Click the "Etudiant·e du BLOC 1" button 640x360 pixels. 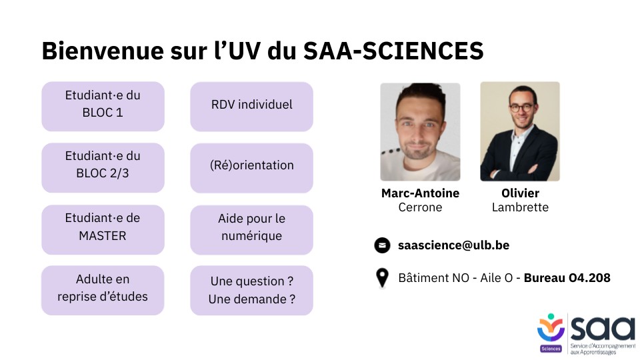click(103, 106)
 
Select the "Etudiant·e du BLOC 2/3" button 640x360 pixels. click(103, 167)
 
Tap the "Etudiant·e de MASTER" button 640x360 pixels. click(103, 229)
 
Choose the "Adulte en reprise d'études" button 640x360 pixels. click(103, 290)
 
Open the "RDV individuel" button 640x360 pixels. click(251, 107)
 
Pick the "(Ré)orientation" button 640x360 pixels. click(251, 168)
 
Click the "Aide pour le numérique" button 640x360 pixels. click(251, 230)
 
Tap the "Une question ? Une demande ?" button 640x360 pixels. click(251, 290)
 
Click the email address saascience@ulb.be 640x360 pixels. click(453, 245)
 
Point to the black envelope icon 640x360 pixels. click(383, 245)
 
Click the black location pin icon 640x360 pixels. click(382, 278)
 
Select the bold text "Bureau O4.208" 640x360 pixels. click(567, 278)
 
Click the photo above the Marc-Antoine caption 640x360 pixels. click(420, 132)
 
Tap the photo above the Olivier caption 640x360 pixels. click(520, 131)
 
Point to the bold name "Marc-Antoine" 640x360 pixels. click(421, 193)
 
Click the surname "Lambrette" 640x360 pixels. click(520, 207)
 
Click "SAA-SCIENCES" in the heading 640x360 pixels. click(393, 51)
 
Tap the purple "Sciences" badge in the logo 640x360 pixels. click(551, 349)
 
